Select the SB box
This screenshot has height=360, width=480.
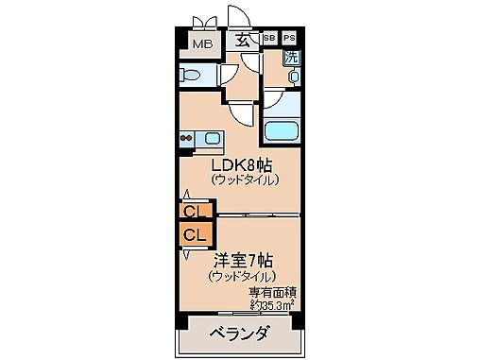(x=268, y=39)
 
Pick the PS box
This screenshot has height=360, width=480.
(x=289, y=39)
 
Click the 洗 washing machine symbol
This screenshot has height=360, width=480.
(x=292, y=57)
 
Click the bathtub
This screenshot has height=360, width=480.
(x=282, y=131)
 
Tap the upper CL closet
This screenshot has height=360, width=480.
(x=193, y=211)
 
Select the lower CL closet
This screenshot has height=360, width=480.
(x=193, y=233)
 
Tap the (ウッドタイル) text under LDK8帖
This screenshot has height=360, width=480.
(x=244, y=180)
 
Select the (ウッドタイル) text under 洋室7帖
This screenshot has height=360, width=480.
(x=243, y=276)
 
